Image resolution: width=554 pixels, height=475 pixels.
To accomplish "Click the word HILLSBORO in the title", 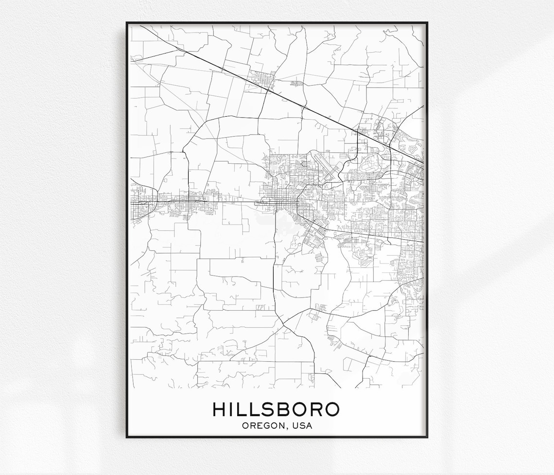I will tap(276, 409).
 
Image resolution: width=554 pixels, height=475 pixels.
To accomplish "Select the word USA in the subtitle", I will tap(303, 426).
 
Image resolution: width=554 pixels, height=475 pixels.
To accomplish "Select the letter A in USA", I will tap(309, 426).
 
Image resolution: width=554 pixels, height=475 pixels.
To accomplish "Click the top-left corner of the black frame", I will tap(127, 22).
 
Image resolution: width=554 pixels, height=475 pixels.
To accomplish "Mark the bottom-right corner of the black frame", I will tap(427, 437).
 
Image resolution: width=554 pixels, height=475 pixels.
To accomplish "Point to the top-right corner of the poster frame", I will tap(427, 22).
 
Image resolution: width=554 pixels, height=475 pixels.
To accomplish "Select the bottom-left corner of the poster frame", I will tap(127, 437).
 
